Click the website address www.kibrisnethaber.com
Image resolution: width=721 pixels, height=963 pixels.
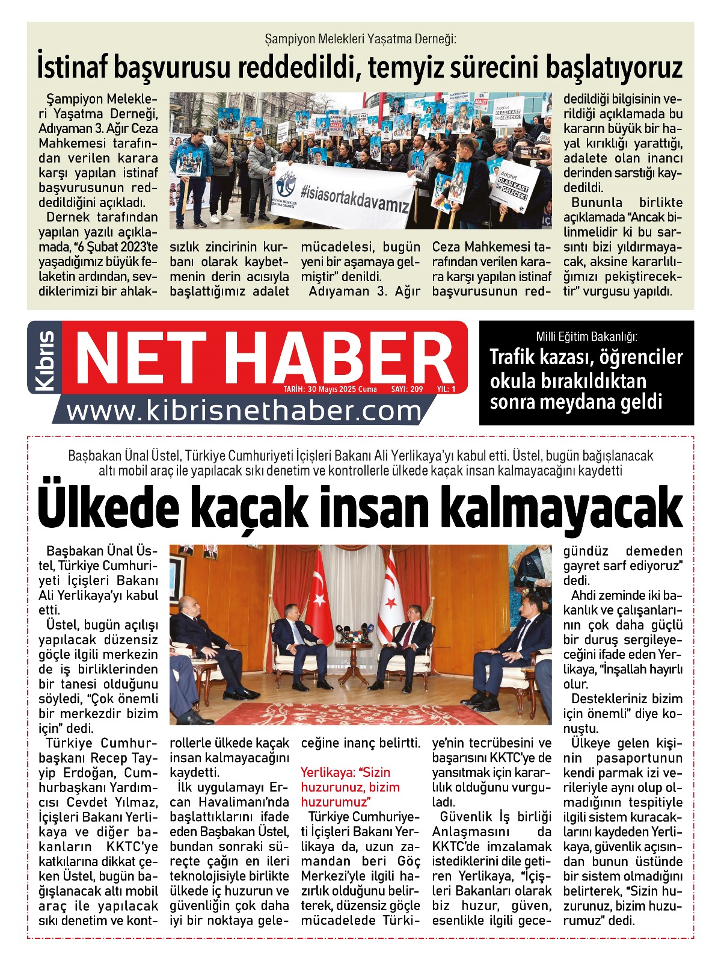244,411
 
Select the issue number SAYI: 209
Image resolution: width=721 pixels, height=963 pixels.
407,389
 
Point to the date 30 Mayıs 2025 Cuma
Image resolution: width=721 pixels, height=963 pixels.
330,389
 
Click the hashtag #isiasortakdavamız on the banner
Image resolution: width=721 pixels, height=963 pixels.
355,198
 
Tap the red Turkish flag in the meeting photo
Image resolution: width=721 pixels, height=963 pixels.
317,596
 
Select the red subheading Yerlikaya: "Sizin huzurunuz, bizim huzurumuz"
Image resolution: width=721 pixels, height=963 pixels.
350,787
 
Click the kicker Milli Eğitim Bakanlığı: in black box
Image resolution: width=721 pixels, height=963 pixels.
586,336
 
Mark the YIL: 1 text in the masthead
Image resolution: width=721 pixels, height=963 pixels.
446,389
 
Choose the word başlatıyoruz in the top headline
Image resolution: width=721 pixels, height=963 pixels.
614,67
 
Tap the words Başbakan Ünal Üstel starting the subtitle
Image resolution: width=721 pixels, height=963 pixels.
121,456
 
